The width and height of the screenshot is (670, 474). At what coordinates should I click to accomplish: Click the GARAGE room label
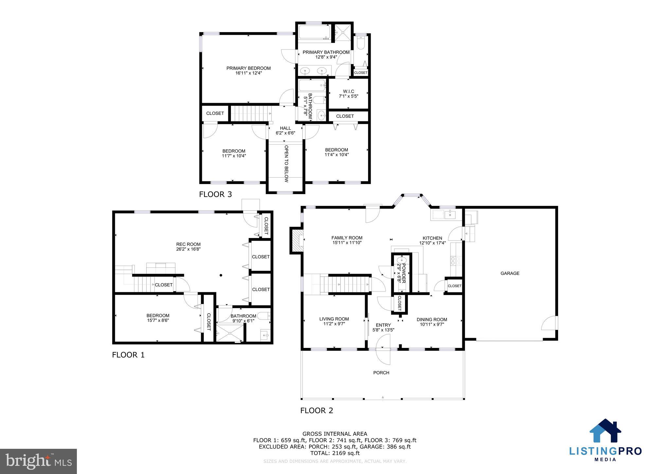[x=510, y=273]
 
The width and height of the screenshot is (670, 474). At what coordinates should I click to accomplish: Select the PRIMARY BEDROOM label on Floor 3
[x=248, y=68]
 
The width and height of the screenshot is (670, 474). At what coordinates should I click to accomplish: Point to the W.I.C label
[x=348, y=91]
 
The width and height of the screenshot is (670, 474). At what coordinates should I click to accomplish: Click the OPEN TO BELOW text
[x=286, y=164]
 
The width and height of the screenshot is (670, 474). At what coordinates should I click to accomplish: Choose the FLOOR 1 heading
[x=128, y=355]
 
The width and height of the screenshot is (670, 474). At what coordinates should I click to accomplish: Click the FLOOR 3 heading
[x=215, y=194]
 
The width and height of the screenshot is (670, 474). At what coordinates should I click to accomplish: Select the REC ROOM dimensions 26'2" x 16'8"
[x=188, y=249]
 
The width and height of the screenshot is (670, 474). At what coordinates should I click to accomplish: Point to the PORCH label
[x=381, y=373]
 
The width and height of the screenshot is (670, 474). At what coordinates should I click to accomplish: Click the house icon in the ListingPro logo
[x=605, y=431]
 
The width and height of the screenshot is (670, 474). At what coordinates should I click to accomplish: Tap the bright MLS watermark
[x=39, y=461]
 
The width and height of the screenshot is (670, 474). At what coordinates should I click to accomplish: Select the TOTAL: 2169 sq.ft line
[x=334, y=453]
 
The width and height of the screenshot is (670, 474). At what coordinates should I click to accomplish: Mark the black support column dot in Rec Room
[x=221, y=275]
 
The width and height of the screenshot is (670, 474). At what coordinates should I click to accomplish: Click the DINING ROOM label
[x=432, y=319]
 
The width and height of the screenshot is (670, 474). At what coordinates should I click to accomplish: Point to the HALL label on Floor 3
[x=285, y=128]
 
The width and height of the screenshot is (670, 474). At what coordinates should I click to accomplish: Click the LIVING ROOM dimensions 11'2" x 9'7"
[x=334, y=324]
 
